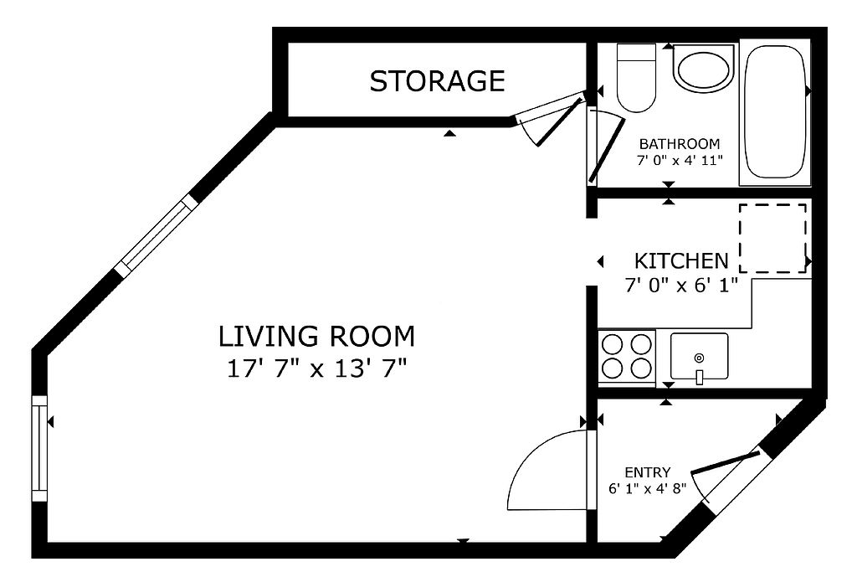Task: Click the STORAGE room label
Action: pos(437,81)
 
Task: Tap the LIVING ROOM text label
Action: pos(316,337)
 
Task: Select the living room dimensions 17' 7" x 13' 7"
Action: pos(317,368)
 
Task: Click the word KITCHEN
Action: pos(681,261)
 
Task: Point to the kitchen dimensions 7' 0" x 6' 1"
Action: pos(681,285)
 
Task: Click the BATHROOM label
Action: pos(680,144)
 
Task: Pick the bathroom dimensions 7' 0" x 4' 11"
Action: pos(680,161)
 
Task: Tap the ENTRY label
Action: pos(648,472)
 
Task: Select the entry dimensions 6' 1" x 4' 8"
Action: pos(648,488)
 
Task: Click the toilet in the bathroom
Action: pos(636,77)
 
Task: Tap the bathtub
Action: pos(774,112)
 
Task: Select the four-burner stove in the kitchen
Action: pos(626,357)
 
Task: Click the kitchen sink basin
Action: pos(699,356)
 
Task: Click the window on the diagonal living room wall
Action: pos(155,235)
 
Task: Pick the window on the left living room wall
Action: pos(40,448)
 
